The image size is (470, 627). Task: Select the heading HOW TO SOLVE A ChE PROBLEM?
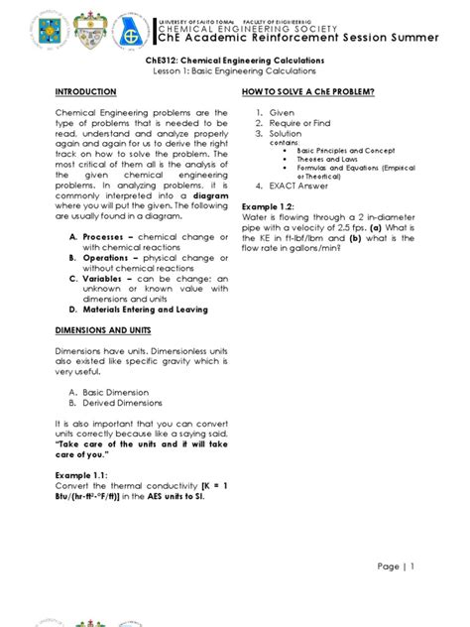(x=307, y=91)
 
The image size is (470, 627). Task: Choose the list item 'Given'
(x=282, y=113)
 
